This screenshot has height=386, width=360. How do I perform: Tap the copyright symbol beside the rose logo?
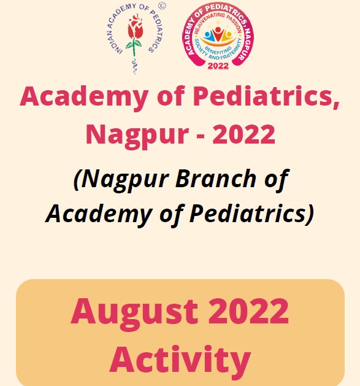pos(162,6)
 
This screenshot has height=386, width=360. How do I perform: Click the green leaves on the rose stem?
pos(134,45)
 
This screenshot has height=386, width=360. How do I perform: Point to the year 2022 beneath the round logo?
pos(218,66)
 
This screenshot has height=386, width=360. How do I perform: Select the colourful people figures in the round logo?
pos(218,35)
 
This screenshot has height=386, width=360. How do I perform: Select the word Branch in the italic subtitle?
pos(216,178)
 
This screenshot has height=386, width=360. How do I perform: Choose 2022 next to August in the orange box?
pos(249,311)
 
